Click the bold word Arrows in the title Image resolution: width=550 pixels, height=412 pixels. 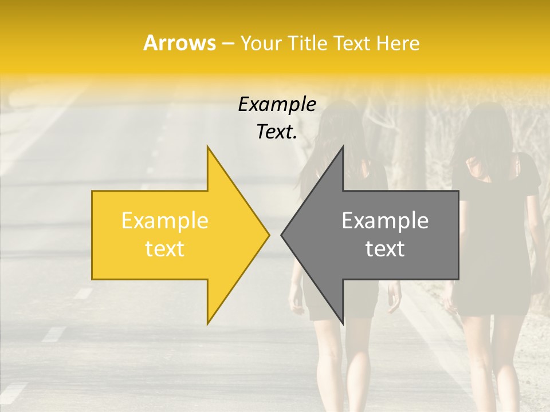point(179,43)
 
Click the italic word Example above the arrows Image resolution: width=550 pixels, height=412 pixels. point(277,105)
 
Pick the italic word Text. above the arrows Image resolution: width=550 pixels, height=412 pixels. point(277,132)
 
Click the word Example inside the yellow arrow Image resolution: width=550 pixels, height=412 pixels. point(164,220)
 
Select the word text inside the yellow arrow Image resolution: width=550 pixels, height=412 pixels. point(164,248)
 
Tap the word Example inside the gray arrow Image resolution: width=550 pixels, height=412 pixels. point(385,220)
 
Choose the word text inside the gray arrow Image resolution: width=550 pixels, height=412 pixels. point(385,248)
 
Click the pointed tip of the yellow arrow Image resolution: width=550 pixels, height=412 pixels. point(268,234)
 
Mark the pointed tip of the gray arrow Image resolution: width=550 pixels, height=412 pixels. point(282,234)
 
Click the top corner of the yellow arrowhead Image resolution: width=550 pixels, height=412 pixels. point(207,147)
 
